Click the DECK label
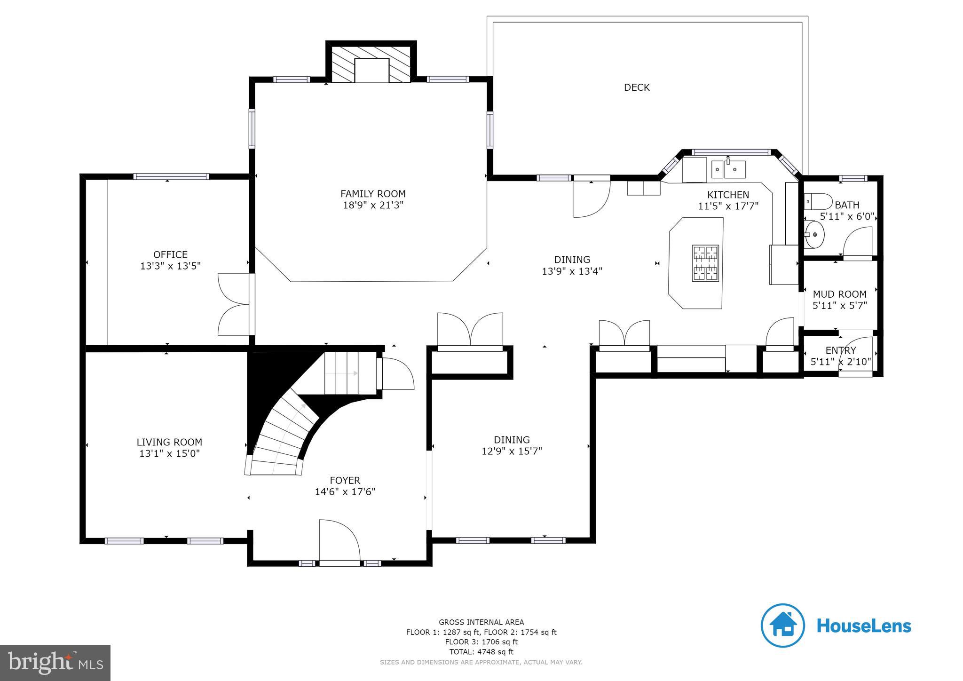click(637, 87)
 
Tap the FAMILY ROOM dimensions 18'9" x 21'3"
click(373, 206)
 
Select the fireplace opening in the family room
click(371, 71)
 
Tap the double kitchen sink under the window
click(728, 169)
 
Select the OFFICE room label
click(170, 254)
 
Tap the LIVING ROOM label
click(169, 442)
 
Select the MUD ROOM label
click(839, 294)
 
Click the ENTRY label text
click(840, 350)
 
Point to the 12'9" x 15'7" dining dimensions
click(512, 451)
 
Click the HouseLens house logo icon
click(782, 626)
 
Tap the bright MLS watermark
click(55, 663)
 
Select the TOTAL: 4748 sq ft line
click(481, 652)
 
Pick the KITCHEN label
click(728, 195)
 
